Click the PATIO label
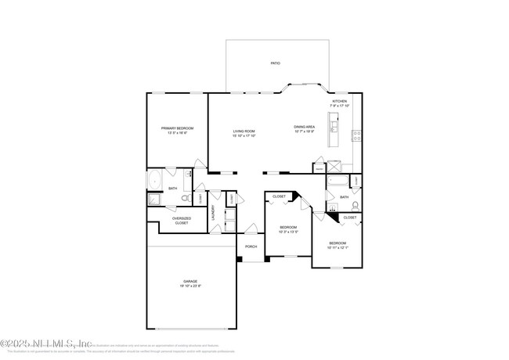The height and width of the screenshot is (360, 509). (275, 63)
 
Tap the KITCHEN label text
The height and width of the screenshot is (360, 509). (339, 102)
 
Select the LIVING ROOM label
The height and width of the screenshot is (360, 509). (244, 131)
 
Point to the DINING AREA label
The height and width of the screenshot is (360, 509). (304, 127)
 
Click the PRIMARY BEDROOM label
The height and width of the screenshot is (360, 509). (177, 128)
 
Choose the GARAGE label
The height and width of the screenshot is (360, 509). (190, 281)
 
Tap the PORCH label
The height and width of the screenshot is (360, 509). (251, 247)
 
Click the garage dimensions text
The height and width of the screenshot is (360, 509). (190, 286)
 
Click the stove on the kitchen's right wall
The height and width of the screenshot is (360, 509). (356, 134)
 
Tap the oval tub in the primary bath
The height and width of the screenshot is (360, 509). (154, 178)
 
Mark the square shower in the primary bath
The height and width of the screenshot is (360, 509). (154, 200)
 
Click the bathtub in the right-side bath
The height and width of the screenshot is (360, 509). (338, 183)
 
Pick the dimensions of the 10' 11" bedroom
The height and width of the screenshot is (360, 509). (338, 247)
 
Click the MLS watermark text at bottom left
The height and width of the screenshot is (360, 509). (47, 343)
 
